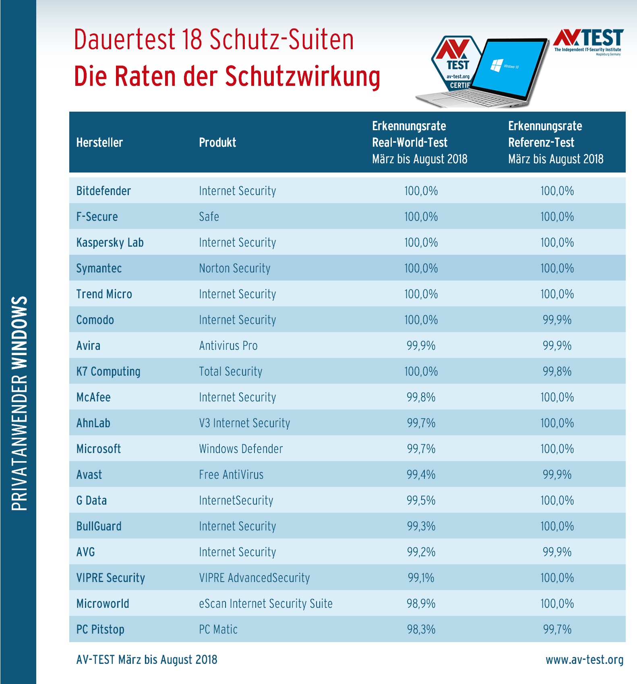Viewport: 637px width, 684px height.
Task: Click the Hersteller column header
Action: pyautogui.click(x=99, y=142)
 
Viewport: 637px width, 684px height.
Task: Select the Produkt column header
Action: pyautogui.click(x=217, y=142)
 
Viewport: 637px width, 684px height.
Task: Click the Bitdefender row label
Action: pyautogui.click(x=103, y=191)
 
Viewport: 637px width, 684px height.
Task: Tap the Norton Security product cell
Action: pyautogui.click(x=234, y=268)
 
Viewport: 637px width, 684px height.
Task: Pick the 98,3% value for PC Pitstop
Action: pyautogui.click(x=421, y=629)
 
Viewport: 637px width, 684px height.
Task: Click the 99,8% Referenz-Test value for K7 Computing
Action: pyautogui.click(x=557, y=371)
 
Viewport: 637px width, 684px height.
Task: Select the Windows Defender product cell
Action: pyautogui.click(x=241, y=449)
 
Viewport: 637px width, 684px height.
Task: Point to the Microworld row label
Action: pyautogui.click(x=103, y=603)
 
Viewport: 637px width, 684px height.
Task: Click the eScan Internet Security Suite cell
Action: pyautogui.click(x=266, y=603)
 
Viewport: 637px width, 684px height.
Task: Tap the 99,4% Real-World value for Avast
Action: pyautogui.click(x=421, y=474)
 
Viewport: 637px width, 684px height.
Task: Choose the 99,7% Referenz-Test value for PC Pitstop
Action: pyautogui.click(x=557, y=629)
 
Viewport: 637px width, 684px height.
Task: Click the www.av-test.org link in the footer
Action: pyautogui.click(x=584, y=660)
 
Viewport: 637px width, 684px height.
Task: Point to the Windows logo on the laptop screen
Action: pyautogui.click(x=496, y=64)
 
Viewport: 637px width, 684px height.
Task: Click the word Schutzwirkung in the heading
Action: pyautogui.click(x=302, y=76)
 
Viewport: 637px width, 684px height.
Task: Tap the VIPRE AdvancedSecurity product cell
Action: pyautogui.click(x=254, y=578)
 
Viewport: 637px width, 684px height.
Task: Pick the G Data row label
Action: pyautogui.click(x=91, y=500)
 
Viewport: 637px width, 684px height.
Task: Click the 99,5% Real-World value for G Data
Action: pyautogui.click(x=421, y=500)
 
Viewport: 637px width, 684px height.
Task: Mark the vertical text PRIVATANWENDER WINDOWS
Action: pyautogui.click(x=19, y=403)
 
